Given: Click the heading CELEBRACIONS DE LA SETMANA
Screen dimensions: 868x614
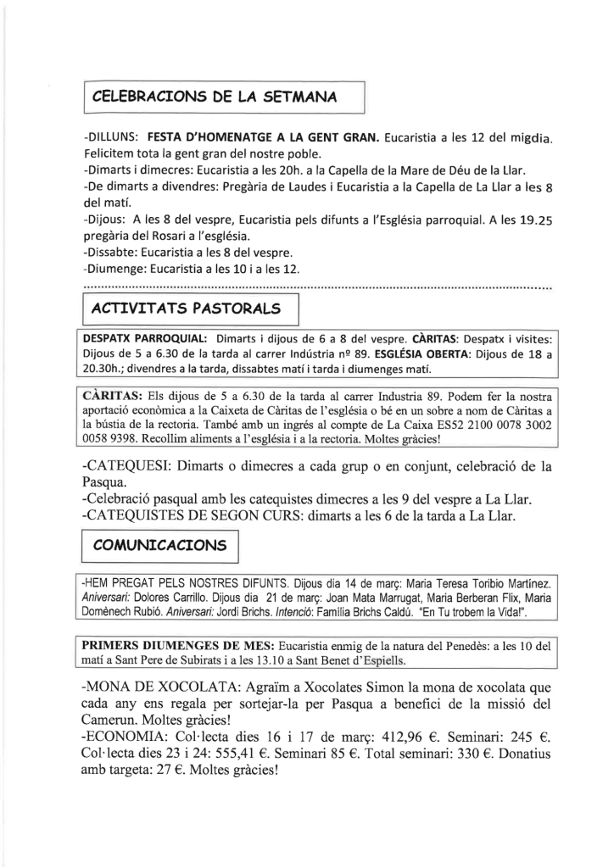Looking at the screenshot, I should point(215,97).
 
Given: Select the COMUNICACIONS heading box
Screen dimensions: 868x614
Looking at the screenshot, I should point(159,545).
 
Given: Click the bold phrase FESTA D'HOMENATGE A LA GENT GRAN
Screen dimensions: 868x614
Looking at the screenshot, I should point(264,136).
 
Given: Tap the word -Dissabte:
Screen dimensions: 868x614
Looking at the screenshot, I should point(115,253).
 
